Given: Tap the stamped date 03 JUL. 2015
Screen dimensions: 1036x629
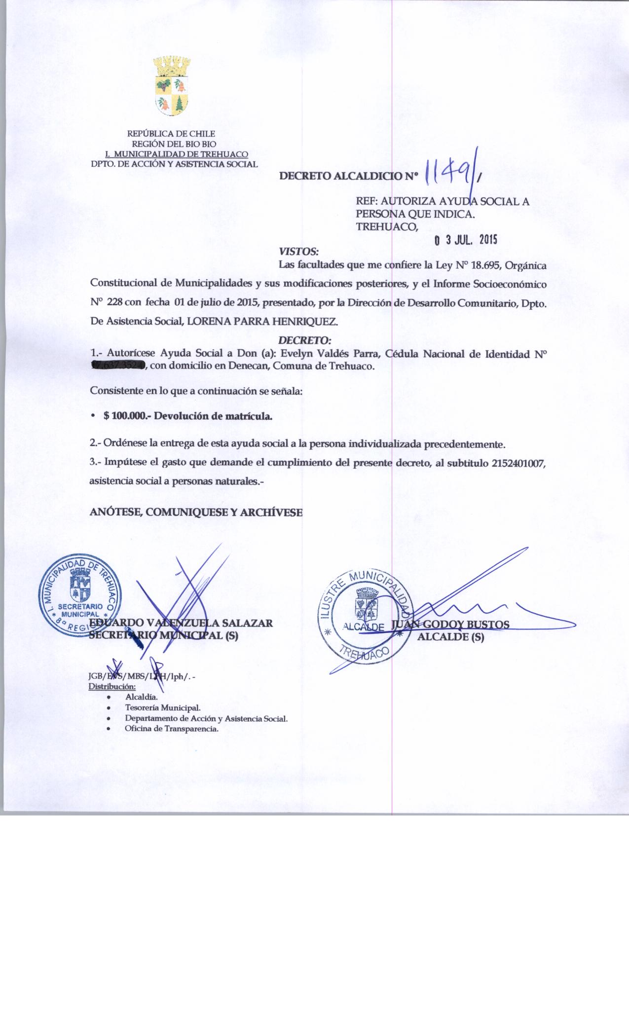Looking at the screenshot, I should [x=465, y=240].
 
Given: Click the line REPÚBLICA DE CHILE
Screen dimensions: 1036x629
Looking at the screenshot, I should [x=171, y=133].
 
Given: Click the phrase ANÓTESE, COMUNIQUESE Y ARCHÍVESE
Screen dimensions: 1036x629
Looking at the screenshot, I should [x=196, y=513].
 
